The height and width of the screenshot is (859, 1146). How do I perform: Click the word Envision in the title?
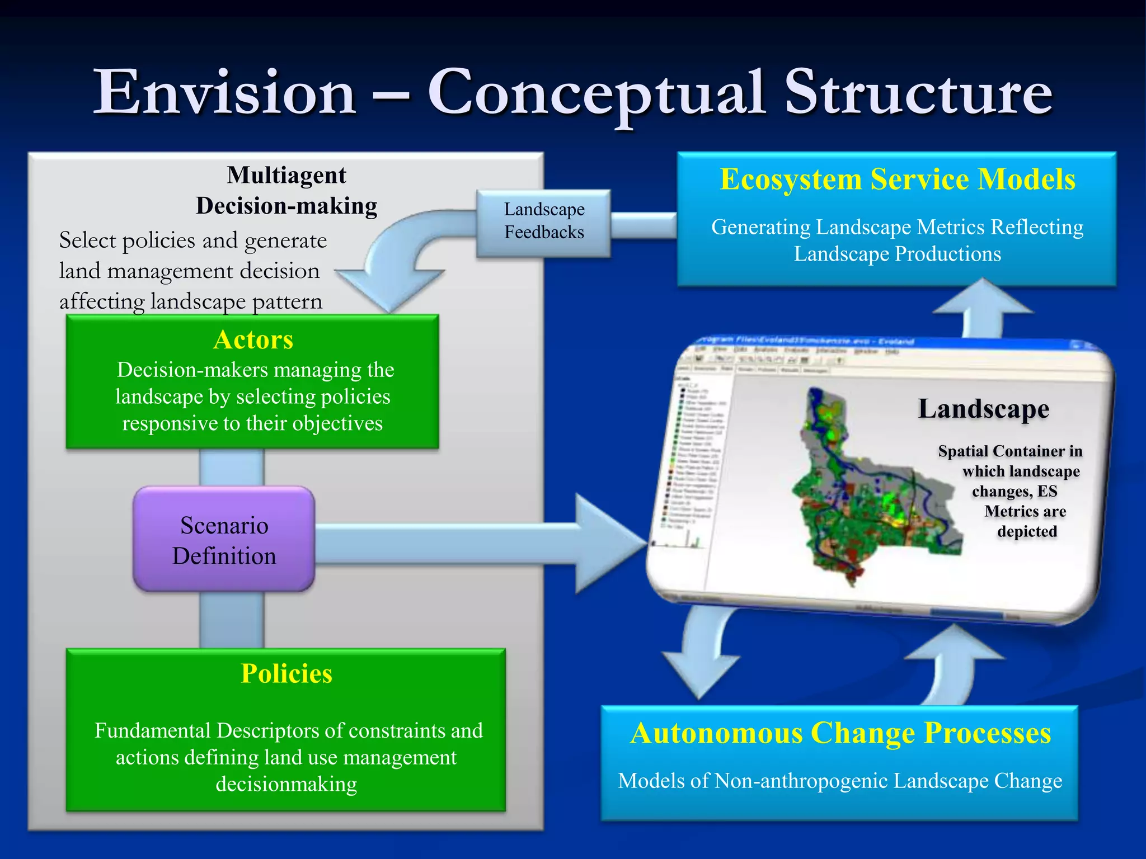tap(224, 92)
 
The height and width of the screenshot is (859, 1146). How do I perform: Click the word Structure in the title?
tap(918, 92)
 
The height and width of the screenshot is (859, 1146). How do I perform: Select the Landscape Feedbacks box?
tap(543, 221)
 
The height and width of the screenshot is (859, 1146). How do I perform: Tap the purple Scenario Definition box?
tap(224, 540)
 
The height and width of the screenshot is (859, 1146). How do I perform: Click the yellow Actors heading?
tap(253, 339)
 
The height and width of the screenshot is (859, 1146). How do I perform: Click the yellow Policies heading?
tap(286, 673)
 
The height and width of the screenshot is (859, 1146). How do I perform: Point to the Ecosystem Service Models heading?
tap(897, 180)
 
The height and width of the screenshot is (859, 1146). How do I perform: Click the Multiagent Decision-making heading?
tap(286, 191)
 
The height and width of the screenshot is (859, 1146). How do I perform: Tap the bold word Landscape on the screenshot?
tap(983, 409)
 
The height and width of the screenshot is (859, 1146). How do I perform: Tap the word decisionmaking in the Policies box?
tap(286, 784)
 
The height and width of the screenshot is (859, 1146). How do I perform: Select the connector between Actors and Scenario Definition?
tap(231, 468)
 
